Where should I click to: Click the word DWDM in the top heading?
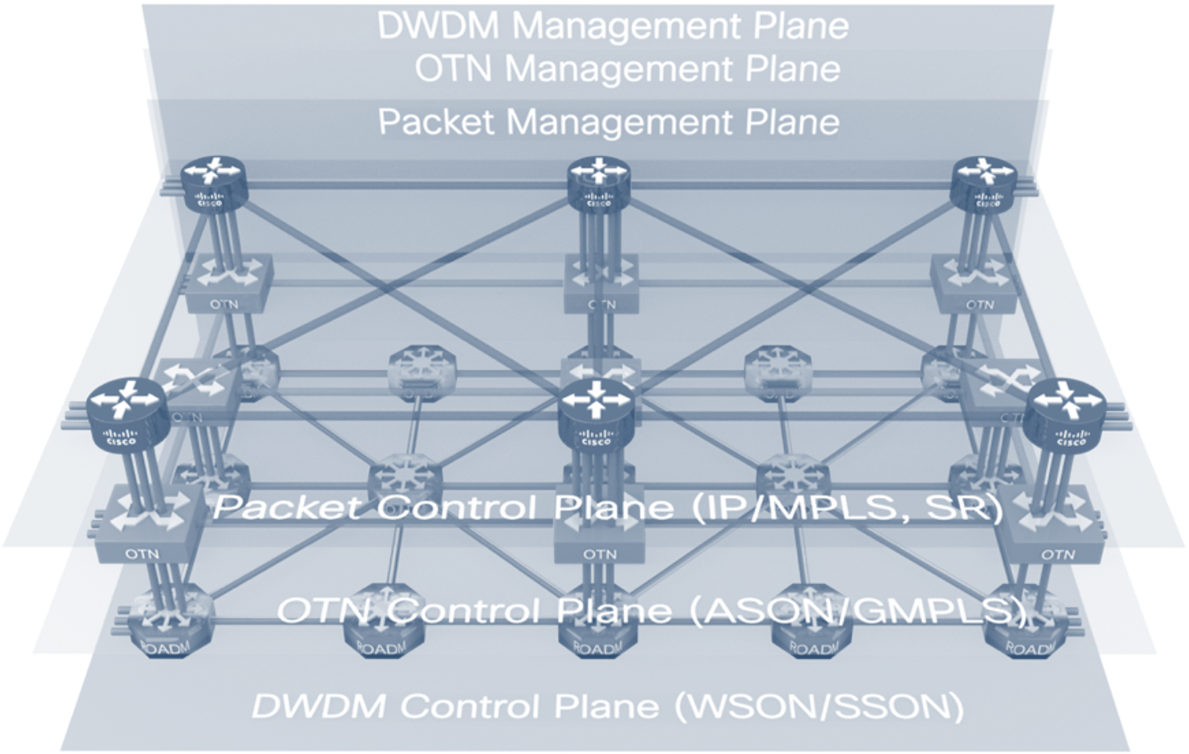(x=440, y=25)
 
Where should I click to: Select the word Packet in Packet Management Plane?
(x=436, y=122)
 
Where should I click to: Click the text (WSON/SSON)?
(x=819, y=706)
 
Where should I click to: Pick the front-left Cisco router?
(x=127, y=416)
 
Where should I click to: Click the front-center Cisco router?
(x=596, y=416)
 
